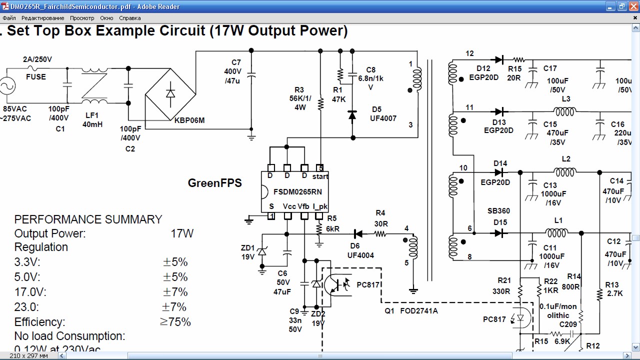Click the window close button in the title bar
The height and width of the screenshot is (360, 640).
click(x=633, y=6)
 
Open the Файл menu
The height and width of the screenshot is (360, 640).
click(x=9, y=18)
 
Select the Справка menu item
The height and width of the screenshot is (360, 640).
click(x=129, y=18)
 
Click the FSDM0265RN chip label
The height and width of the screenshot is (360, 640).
click(x=297, y=191)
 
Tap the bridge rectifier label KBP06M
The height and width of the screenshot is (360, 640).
click(x=189, y=120)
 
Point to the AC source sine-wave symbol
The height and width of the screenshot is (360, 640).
click(x=7, y=86)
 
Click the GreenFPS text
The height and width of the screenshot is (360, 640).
click(x=215, y=183)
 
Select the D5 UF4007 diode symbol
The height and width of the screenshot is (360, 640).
click(x=352, y=115)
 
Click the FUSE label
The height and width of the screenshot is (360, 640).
click(x=36, y=77)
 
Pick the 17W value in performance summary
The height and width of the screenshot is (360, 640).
click(x=182, y=233)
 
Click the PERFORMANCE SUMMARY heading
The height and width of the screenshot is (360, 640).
click(x=88, y=219)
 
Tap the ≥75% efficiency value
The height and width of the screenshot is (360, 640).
click(x=175, y=321)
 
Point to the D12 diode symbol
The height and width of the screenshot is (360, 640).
click(x=499, y=60)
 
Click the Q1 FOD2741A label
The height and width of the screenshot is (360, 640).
click(x=411, y=311)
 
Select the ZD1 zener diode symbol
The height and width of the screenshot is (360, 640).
click(x=262, y=251)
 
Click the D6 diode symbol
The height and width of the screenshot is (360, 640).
click(x=358, y=234)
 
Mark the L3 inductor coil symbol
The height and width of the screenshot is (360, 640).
click(x=564, y=111)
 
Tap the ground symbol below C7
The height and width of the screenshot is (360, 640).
click(x=251, y=137)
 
